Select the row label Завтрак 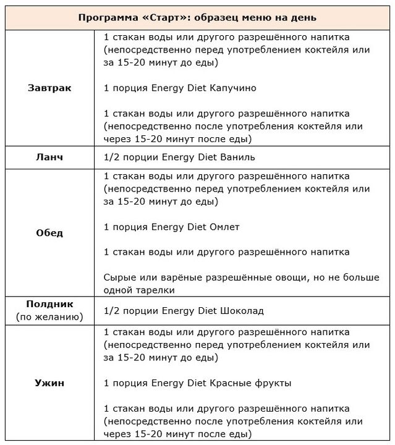49,88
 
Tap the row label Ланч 49,156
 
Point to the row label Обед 49,233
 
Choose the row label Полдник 49,304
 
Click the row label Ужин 49,383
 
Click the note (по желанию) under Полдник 49,317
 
